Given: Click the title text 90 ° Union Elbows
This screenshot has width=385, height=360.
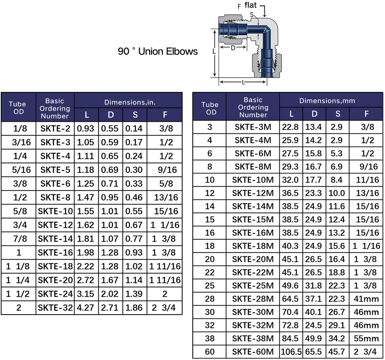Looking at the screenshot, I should coord(158,51).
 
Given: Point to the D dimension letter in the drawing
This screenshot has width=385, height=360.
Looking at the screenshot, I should coord(233,48).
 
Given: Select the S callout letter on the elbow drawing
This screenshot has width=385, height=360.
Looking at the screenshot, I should coord(252,15).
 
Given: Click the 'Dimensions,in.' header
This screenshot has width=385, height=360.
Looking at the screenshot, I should coord(130,102).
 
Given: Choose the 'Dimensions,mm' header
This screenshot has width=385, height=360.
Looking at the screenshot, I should coord(327,101).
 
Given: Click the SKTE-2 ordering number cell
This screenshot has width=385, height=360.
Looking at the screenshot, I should coord(55,128).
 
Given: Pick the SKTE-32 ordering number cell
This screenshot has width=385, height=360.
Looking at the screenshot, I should coord(55,308).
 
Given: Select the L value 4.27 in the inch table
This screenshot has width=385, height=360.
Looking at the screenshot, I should coord(86,308).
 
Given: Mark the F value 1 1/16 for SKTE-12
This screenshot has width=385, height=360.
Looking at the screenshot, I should coord(165,225).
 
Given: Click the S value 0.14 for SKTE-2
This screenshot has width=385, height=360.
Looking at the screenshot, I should coord(135,128).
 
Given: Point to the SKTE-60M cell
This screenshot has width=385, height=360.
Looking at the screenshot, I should coord(253,351).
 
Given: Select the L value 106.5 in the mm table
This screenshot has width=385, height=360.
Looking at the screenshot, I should coord(291,351).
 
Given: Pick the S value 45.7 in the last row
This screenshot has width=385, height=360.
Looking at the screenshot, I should coord(337,351).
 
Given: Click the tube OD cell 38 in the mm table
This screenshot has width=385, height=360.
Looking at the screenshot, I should coord(210,338).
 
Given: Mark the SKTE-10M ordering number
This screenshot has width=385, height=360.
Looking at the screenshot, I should coord(253,180).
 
